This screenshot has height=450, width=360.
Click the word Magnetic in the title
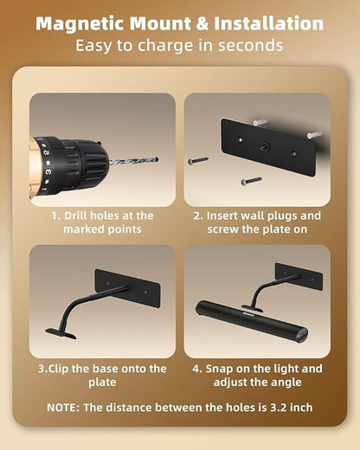(x=81, y=24)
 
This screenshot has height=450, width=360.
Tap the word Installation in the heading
(x=268, y=23)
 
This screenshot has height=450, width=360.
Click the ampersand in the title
(x=202, y=23)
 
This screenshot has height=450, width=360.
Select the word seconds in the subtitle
(x=250, y=46)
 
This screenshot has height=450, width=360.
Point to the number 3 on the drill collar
(x=48, y=172)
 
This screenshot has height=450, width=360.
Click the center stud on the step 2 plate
(x=264, y=147)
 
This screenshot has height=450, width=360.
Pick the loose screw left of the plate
(x=198, y=161)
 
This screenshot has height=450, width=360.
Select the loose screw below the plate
(x=251, y=181)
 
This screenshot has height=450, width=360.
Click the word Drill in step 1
(x=76, y=215)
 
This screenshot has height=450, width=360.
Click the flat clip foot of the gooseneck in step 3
(x=61, y=333)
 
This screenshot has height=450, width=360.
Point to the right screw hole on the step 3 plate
(x=145, y=292)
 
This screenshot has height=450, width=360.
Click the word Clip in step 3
(x=58, y=369)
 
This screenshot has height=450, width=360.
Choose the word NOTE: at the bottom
(x=63, y=408)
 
